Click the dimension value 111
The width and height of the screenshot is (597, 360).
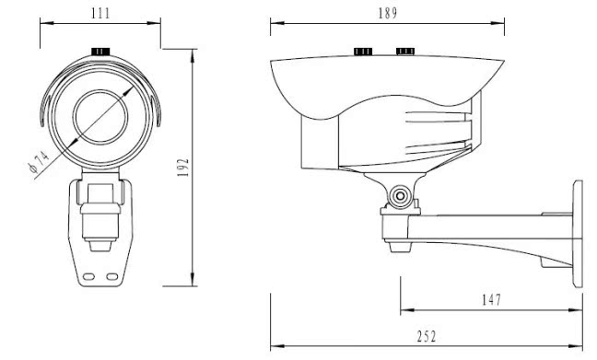click(100, 13)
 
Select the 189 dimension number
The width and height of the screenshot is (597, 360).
click(388, 13)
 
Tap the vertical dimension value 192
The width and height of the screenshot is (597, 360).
click(183, 168)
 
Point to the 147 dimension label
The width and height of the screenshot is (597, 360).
click(492, 300)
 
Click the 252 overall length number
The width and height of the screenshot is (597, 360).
click(427, 337)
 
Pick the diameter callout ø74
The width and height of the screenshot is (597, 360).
click(39, 162)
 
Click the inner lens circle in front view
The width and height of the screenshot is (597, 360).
click(100, 117)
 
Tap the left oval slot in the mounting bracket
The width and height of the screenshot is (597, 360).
click(88, 276)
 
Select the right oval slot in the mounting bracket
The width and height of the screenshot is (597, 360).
click(112, 276)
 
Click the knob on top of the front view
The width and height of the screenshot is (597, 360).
click(100, 51)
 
